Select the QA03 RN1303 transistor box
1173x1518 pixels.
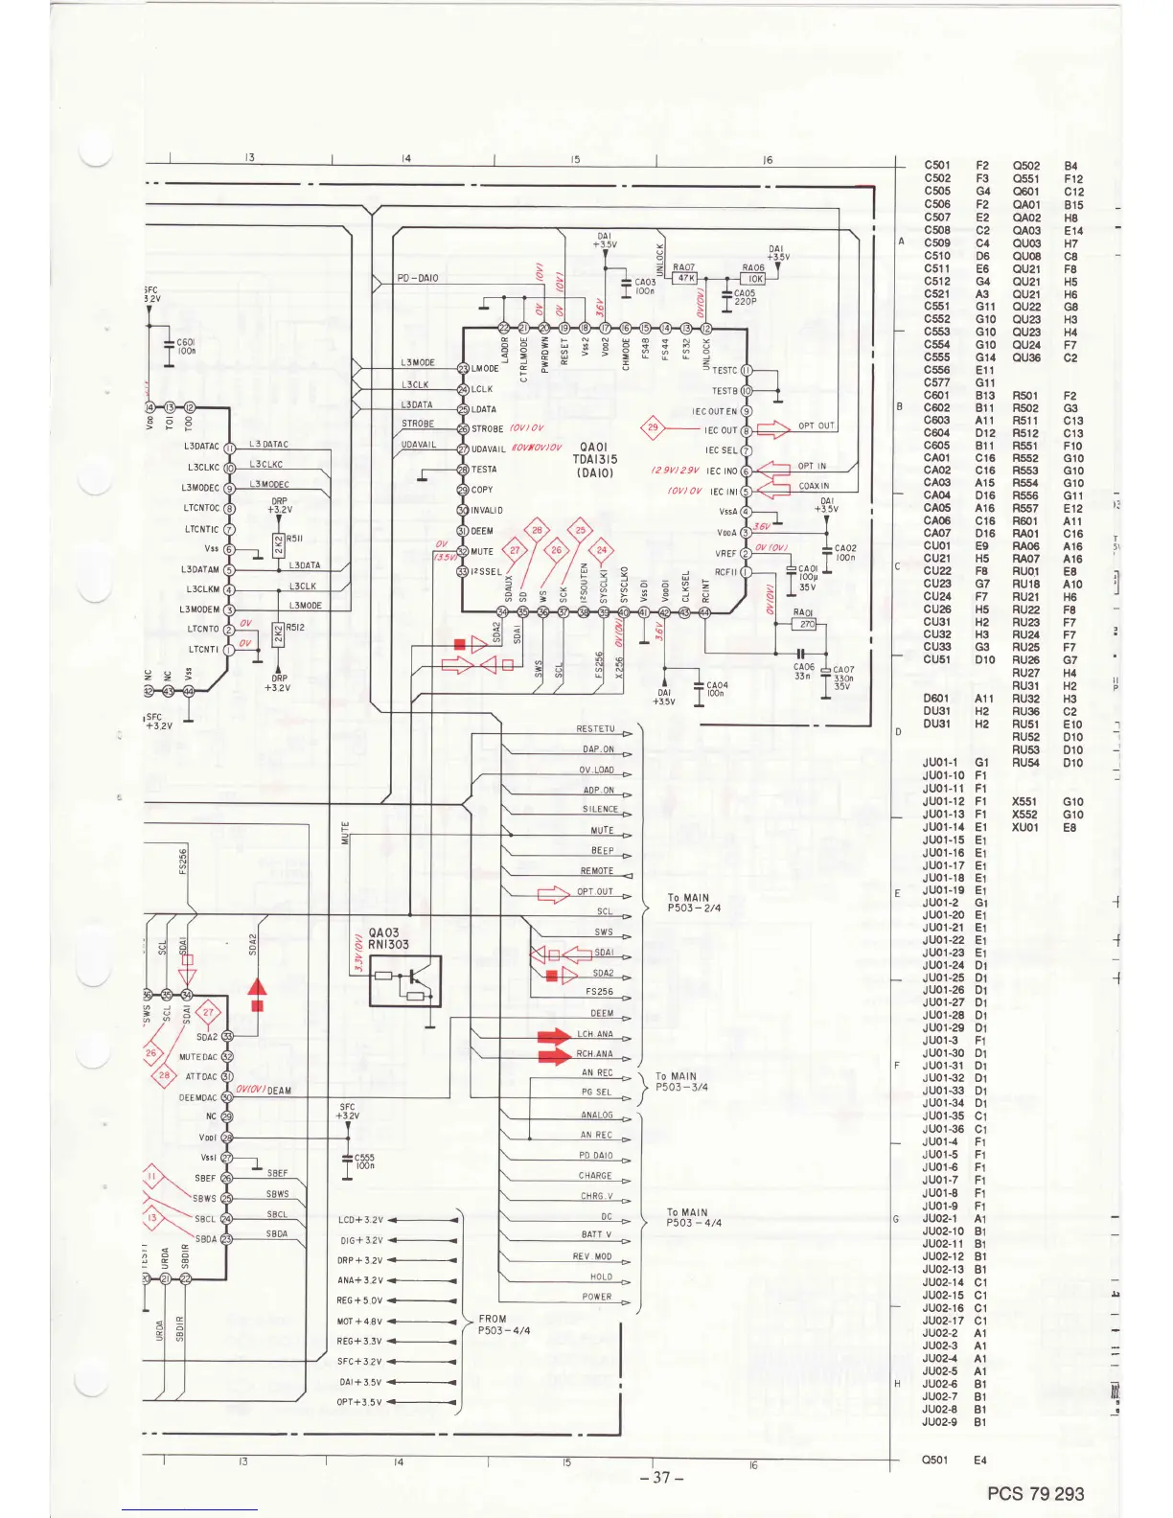[405, 980]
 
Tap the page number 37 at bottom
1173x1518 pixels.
[661, 1477]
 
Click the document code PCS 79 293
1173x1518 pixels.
[1035, 1493]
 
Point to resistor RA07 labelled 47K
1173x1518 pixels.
[684, 278]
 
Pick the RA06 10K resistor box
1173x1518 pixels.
[754, 279]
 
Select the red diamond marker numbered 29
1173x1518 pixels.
[653, 427]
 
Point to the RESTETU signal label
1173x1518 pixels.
[595, 729]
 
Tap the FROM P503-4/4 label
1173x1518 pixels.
[502, 1324]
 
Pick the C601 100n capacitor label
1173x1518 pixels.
[186, 346]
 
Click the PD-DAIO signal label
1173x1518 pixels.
[418, 278]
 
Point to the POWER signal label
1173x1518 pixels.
[596, 1297]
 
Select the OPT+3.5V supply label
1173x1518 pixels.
[358, 1402]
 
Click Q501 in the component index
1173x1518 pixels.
[935, 1460]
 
